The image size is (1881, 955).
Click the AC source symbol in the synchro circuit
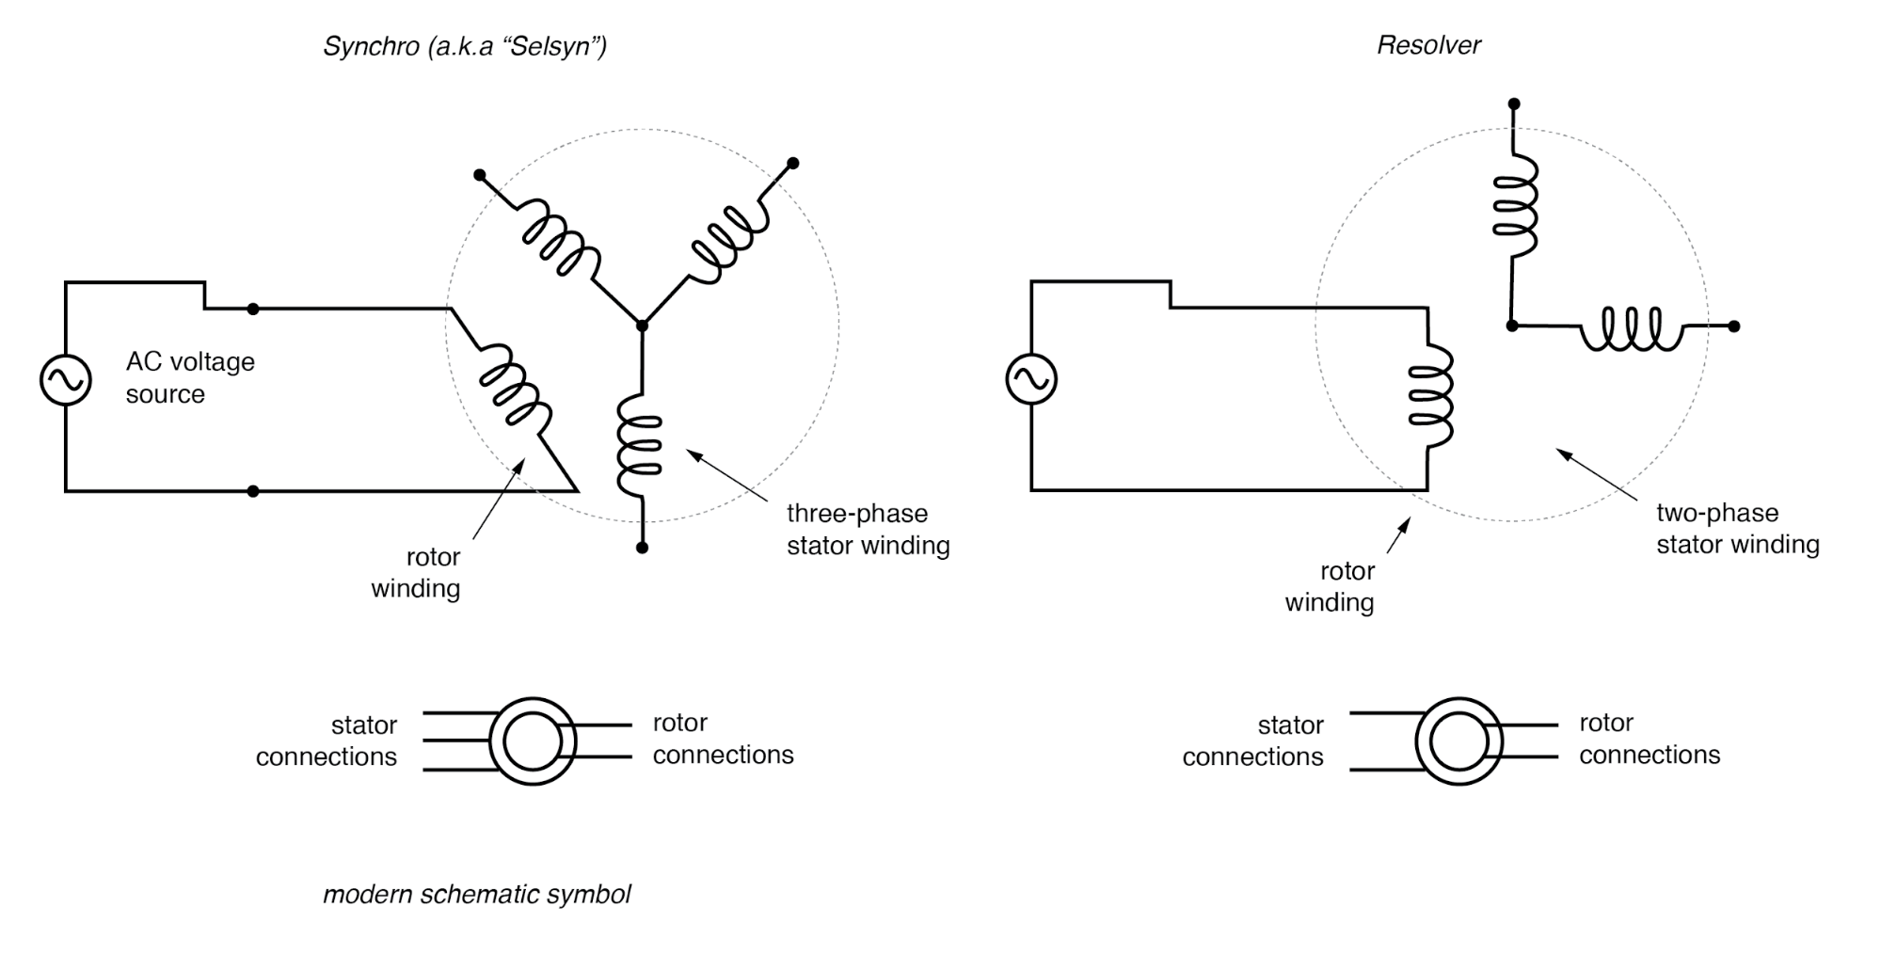(x=66, y=380)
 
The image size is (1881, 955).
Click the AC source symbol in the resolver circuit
(x=1031, y=379)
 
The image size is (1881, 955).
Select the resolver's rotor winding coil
(x=1429, y=394)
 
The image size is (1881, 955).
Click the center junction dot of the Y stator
(x=643, y=326)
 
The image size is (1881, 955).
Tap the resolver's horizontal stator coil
(x=1633, y=328)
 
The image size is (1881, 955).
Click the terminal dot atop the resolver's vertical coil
(x=1514, y=104)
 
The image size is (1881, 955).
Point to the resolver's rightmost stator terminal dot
(x=1734, y=326)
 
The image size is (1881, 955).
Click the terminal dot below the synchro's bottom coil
(x=642, y=548)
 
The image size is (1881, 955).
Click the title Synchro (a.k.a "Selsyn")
(x=465, y=46)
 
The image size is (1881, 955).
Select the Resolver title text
(x=1428, y=45)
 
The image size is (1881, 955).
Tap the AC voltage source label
(x=189, y=377)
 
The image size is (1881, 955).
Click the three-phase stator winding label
(x=868, y=530)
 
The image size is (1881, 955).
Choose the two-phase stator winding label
(x=1737, y=529)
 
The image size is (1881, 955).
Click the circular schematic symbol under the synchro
(x=533, y=741)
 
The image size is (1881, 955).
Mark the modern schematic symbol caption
(x=476, y=894)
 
